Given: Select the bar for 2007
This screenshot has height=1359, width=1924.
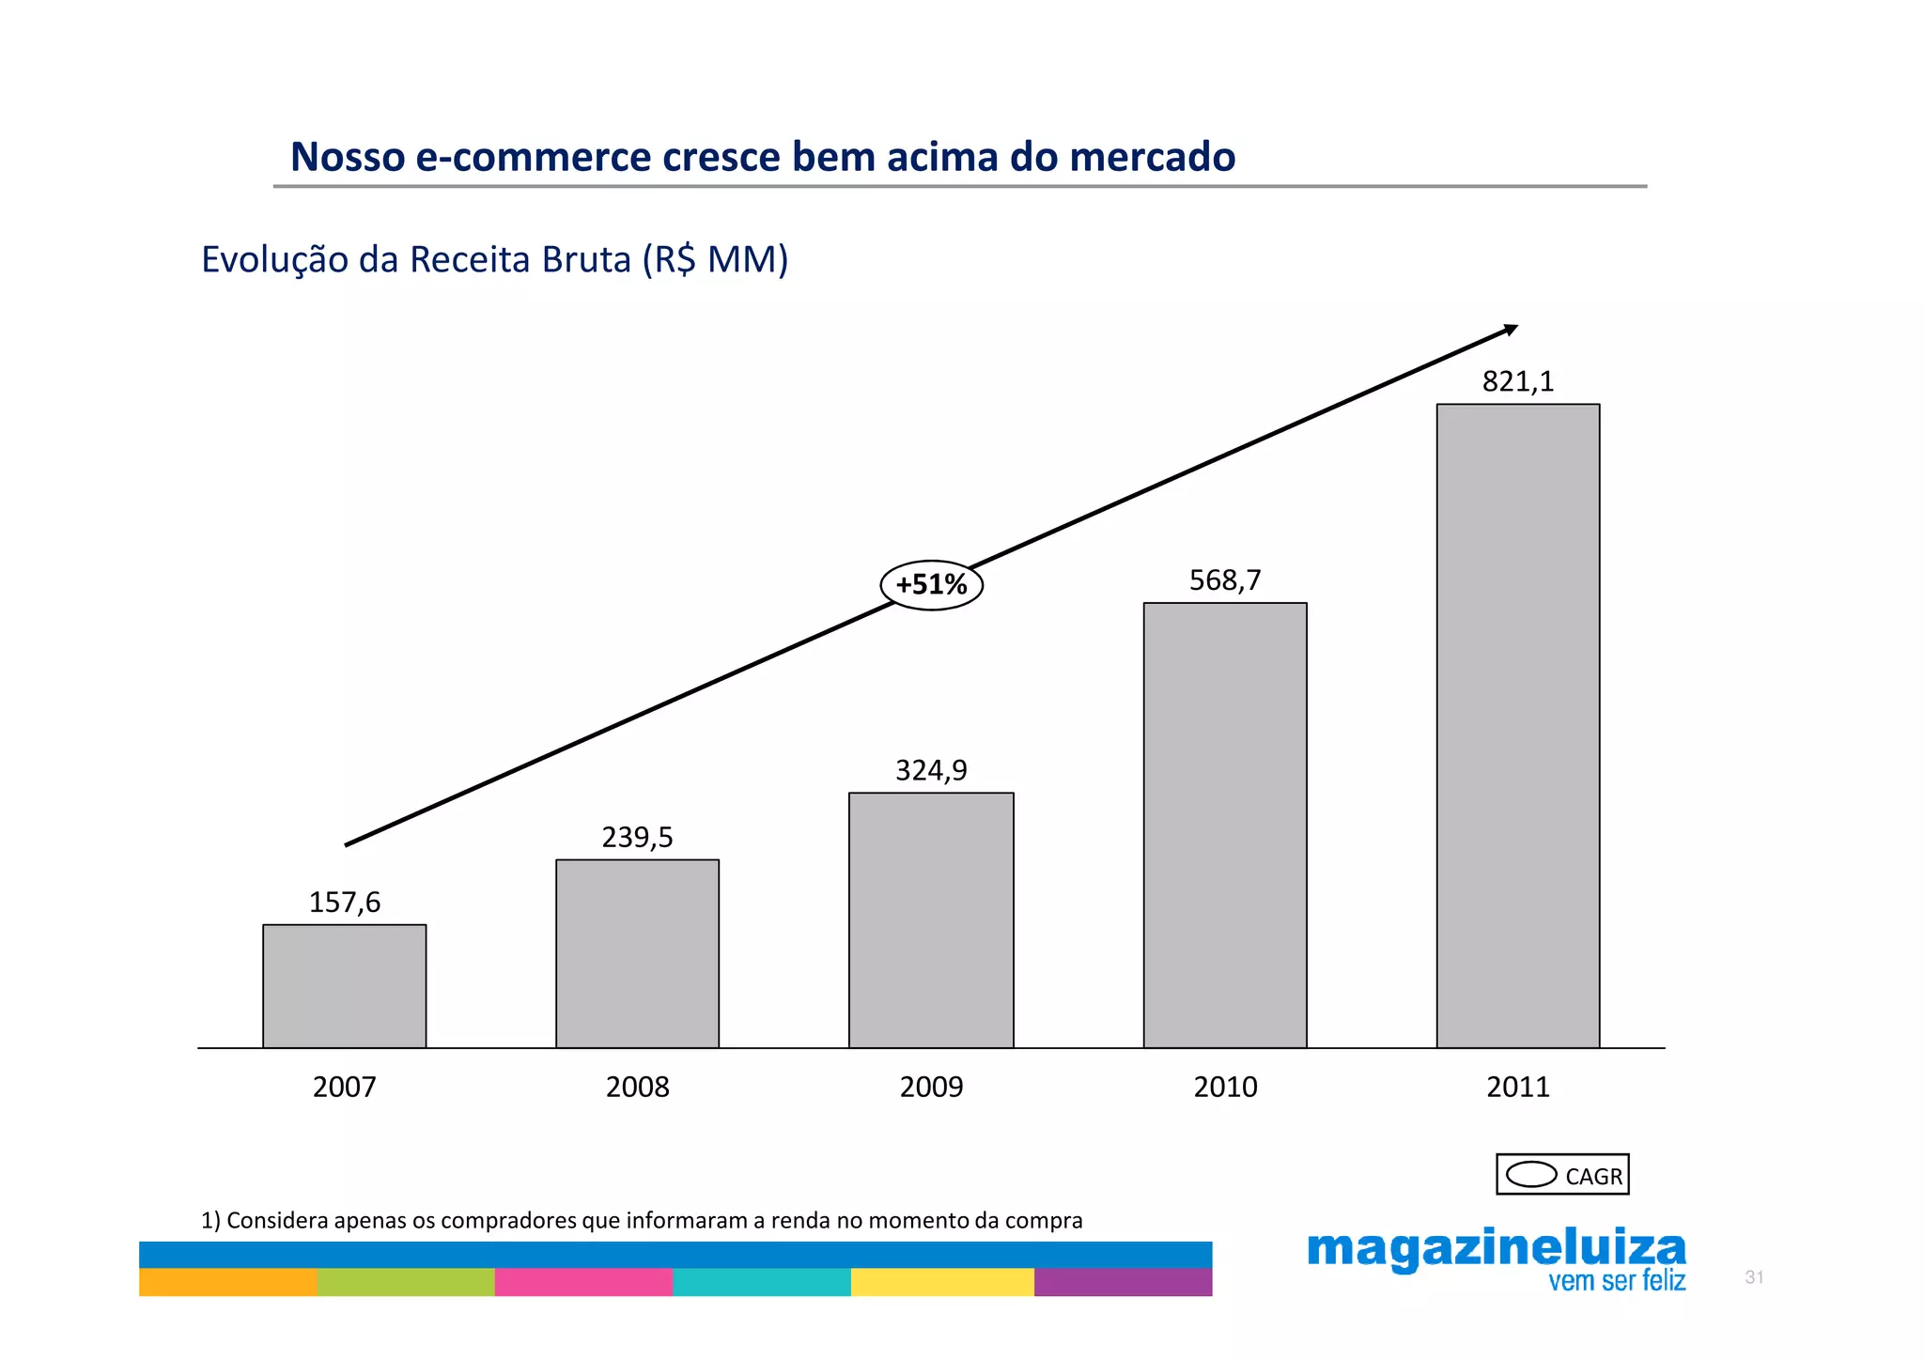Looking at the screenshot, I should pos(344,986).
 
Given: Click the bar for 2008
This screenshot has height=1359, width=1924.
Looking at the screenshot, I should pos(637,953).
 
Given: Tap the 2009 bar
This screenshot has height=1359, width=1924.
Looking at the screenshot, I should pos(931,920).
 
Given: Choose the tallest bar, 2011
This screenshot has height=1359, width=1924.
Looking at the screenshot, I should pos(1518,725).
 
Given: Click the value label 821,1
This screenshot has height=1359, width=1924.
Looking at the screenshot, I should pos(1518,381).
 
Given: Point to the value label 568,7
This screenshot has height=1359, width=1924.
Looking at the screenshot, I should pos(1225,580).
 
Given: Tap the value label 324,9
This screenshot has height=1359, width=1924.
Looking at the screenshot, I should pos(931,770).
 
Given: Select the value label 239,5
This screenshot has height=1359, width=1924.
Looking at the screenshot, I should pos(637,837).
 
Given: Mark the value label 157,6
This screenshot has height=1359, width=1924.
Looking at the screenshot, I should pos(345,903).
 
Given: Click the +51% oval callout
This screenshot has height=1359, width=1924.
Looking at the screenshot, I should pos(931,585).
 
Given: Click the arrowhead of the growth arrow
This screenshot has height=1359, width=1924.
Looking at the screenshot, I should pos(1511,330).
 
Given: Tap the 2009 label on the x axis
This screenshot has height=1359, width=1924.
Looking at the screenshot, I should pos(931,1087).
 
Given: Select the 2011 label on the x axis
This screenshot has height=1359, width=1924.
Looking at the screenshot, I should pos(1518,1087).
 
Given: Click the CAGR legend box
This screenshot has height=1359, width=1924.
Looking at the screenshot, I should pos(1562,1175).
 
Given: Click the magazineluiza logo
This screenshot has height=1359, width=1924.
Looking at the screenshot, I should pos(1497,1259).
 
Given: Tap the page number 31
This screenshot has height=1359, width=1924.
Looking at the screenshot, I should pos(1754,1277).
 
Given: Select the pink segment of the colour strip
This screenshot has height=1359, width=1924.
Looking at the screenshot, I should pos(583,1282).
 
